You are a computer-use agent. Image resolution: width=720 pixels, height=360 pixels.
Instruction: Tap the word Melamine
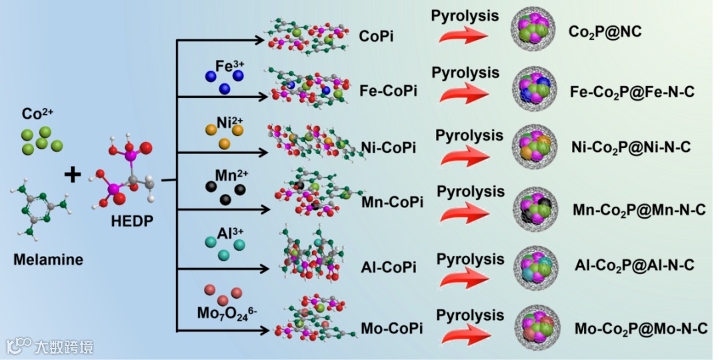pos(48,259)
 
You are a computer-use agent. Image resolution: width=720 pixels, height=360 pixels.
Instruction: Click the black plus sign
pos(72,175)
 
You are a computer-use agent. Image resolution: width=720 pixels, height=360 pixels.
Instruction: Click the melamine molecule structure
pos(37,211)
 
